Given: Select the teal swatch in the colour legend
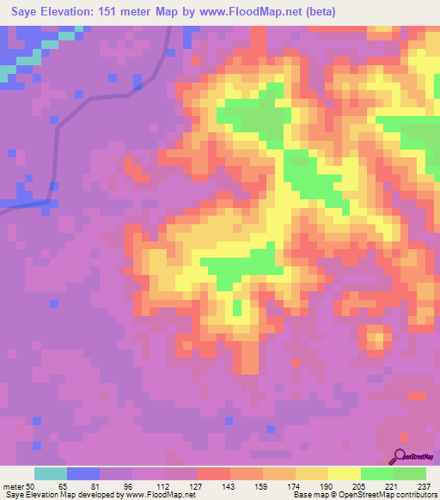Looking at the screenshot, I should click(x=51, y=474).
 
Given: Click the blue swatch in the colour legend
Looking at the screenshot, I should click(x=83, y=474).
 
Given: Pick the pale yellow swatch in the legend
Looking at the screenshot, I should click(x=345, y=474).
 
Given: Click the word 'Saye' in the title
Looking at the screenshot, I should click(x=25, y=12).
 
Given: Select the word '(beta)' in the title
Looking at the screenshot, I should click(x=318, y=12).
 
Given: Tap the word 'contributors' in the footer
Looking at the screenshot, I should click(x=415, y=494).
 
